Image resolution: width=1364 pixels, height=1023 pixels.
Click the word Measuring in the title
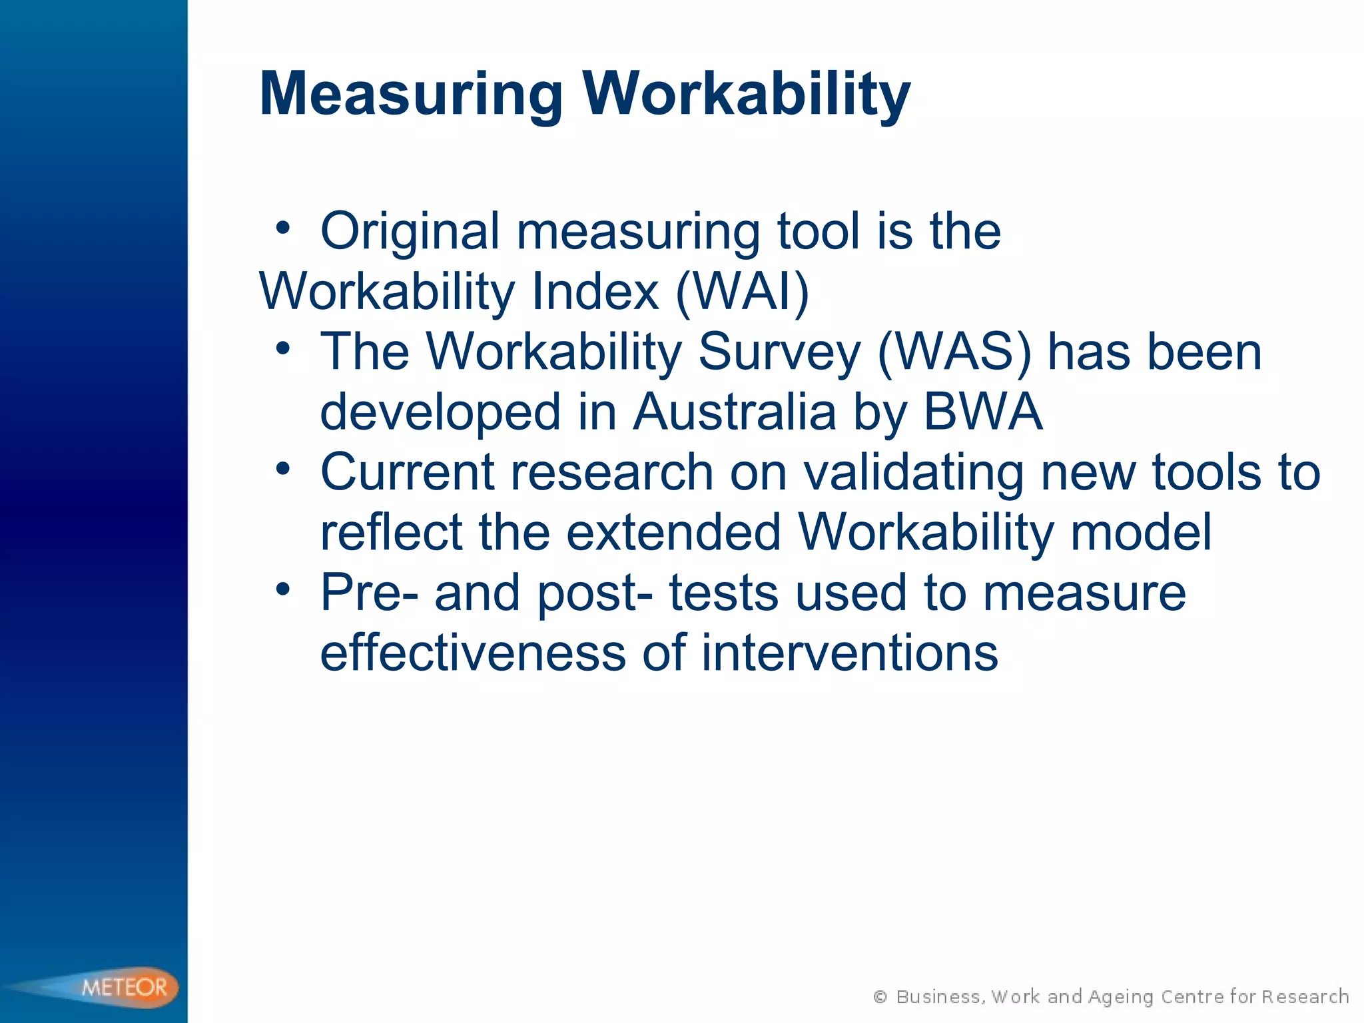click(411, 95)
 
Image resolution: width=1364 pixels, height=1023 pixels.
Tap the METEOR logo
click(124, 986)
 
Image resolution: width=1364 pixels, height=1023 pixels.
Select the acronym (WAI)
click(743, 292)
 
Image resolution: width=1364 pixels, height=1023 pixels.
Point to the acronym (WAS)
click(954, 352)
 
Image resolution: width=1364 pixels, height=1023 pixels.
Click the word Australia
click(735, 412)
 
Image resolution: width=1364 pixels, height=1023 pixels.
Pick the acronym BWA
click(983, 412)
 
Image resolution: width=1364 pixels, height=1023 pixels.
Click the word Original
click(410, 231)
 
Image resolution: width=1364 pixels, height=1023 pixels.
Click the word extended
click(673, 532)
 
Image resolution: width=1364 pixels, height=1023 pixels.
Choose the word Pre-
click(370, 592)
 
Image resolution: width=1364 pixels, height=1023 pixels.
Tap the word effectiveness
click(473, 653)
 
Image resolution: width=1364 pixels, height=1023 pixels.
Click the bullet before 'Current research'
click(283, 469)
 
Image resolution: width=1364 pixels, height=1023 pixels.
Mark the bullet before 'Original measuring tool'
click(283, 228)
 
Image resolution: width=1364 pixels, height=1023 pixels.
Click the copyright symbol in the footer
click(880, 996)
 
